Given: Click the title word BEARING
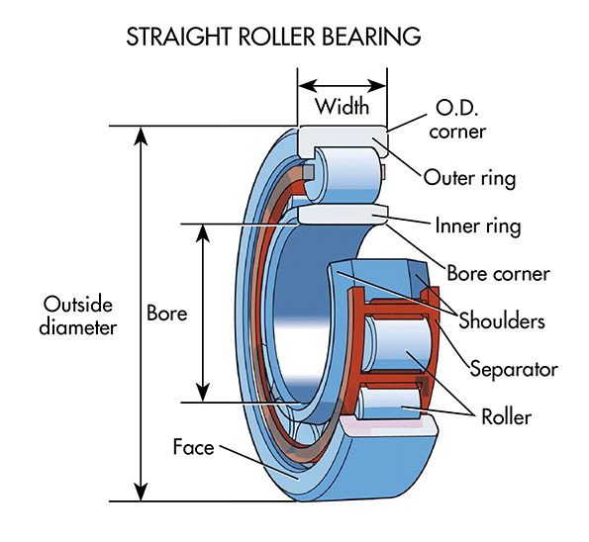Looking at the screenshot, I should point(366,37).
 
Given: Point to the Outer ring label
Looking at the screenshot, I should point(469,178).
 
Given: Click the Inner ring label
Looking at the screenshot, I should point(477,226).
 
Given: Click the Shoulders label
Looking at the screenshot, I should point(501,320).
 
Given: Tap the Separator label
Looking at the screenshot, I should point(514,369).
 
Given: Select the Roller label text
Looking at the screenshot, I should point(505,416).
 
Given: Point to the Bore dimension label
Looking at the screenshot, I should point(166,313).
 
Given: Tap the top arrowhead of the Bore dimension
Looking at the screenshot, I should point(203,232).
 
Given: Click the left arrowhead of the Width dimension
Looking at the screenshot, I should point(306,85).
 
